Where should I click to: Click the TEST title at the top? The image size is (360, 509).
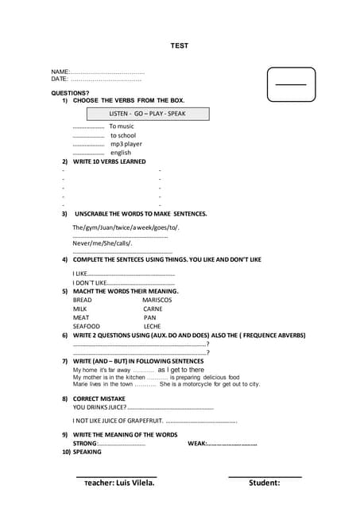180,45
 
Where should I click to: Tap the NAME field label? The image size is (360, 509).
60,72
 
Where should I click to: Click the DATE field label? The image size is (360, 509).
60,80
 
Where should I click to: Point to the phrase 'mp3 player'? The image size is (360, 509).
126,144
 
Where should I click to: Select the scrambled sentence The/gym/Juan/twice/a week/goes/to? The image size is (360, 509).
126,227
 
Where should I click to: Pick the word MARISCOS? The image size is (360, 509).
157,300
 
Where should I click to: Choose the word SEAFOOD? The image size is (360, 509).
86,326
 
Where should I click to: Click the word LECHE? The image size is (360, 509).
152,326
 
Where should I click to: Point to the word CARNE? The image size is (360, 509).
153,309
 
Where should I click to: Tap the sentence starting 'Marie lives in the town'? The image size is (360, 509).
166,384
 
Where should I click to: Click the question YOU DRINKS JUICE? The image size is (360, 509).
99,407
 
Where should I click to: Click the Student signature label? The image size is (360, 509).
264,483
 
